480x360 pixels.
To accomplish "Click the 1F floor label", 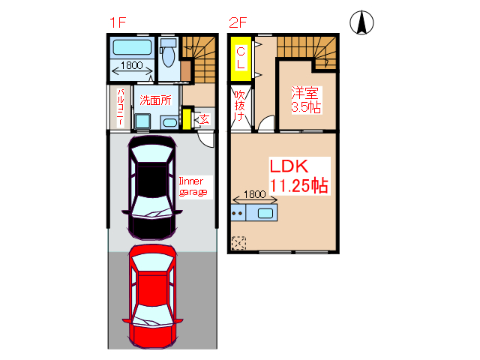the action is pos(118,22).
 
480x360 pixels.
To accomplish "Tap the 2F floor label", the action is pos(238,22).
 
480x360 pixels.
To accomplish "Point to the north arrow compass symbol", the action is pos(361,22).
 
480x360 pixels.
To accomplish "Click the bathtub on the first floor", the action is pos(132,47).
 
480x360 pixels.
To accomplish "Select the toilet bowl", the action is pos(168,56).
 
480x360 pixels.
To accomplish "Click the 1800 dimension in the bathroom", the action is pos(132,65).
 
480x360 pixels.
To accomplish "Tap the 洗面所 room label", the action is pos(155,100).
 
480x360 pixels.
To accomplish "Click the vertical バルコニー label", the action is pos(120,107).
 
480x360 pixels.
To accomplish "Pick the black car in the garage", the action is pos(152,187).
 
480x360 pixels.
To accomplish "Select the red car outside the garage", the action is pos(152,296).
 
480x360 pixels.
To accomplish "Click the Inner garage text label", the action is pos(193,187).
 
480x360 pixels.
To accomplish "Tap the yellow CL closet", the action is pos(241,58).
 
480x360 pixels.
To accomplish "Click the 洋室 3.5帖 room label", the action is pos(306,100).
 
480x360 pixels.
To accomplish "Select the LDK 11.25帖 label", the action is pos(299,176).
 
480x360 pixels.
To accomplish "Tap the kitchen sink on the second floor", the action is pos(265,213).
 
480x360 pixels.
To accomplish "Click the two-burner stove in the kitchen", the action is pos(238,213).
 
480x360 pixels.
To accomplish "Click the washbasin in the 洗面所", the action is pos(169,122).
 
